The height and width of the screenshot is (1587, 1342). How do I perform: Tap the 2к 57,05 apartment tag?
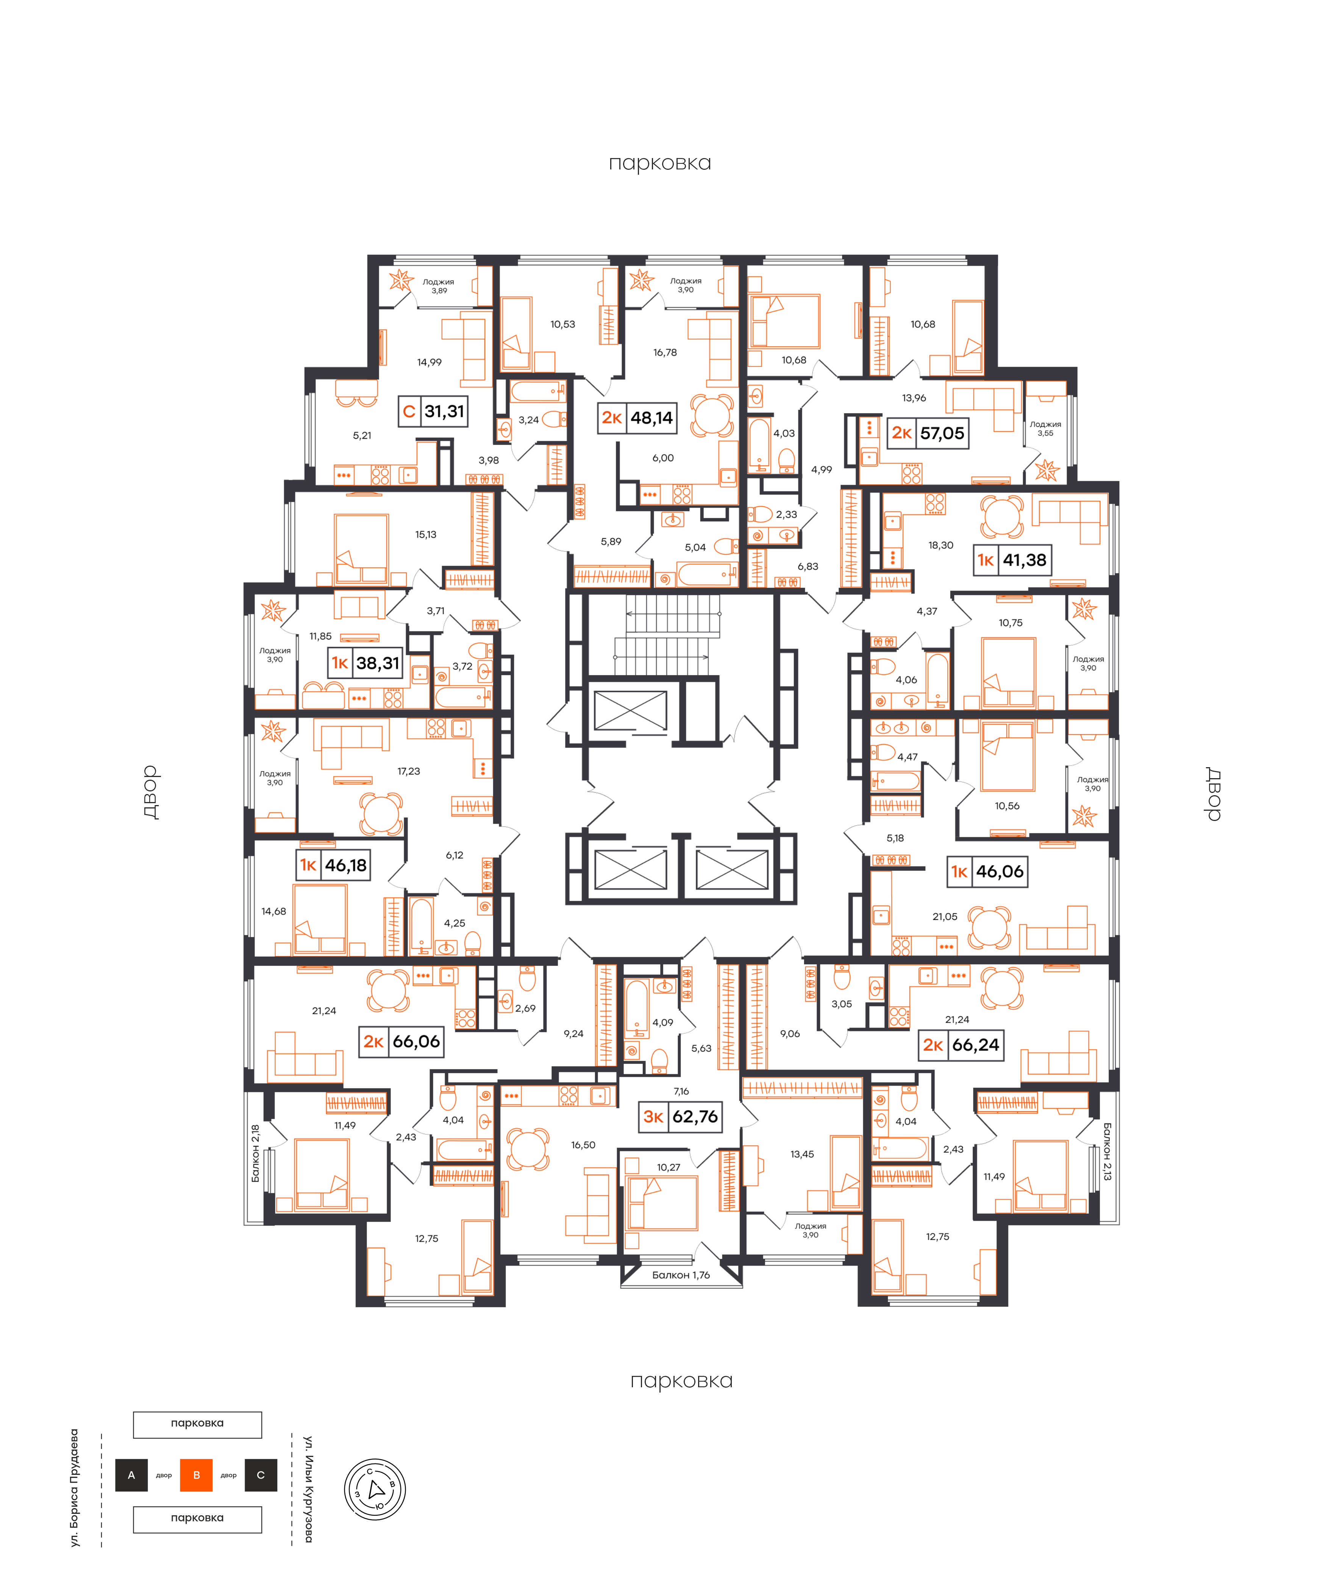(927, 433)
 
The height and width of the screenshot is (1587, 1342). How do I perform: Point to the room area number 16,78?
(665, 352)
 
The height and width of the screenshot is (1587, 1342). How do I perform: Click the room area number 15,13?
(426, 534)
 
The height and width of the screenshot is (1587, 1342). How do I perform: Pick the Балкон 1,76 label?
(681, 1275)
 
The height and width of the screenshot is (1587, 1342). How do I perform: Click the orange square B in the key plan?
(196, 1475)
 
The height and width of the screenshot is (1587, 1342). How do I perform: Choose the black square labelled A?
(131, 1475)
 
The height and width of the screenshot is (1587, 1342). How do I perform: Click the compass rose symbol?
(375, 1490)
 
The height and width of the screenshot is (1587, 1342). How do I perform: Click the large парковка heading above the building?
(659, 163)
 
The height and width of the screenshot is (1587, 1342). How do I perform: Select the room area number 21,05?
(945, 916)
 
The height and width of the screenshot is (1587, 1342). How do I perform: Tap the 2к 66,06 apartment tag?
(401, 1041)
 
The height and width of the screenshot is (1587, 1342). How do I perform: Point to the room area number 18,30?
(941, 545)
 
